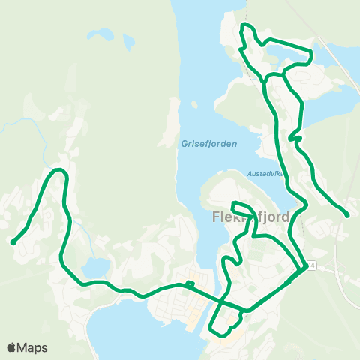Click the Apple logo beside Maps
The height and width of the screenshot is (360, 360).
point(12,347)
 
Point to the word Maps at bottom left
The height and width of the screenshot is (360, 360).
point(33,347)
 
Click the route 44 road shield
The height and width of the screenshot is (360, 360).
point(309,266)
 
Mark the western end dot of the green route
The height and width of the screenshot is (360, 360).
point(13,241)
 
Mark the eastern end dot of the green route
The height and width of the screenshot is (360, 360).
point(347,215)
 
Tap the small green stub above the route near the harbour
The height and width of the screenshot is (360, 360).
point(190,283)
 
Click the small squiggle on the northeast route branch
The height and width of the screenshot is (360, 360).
point(295,138)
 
